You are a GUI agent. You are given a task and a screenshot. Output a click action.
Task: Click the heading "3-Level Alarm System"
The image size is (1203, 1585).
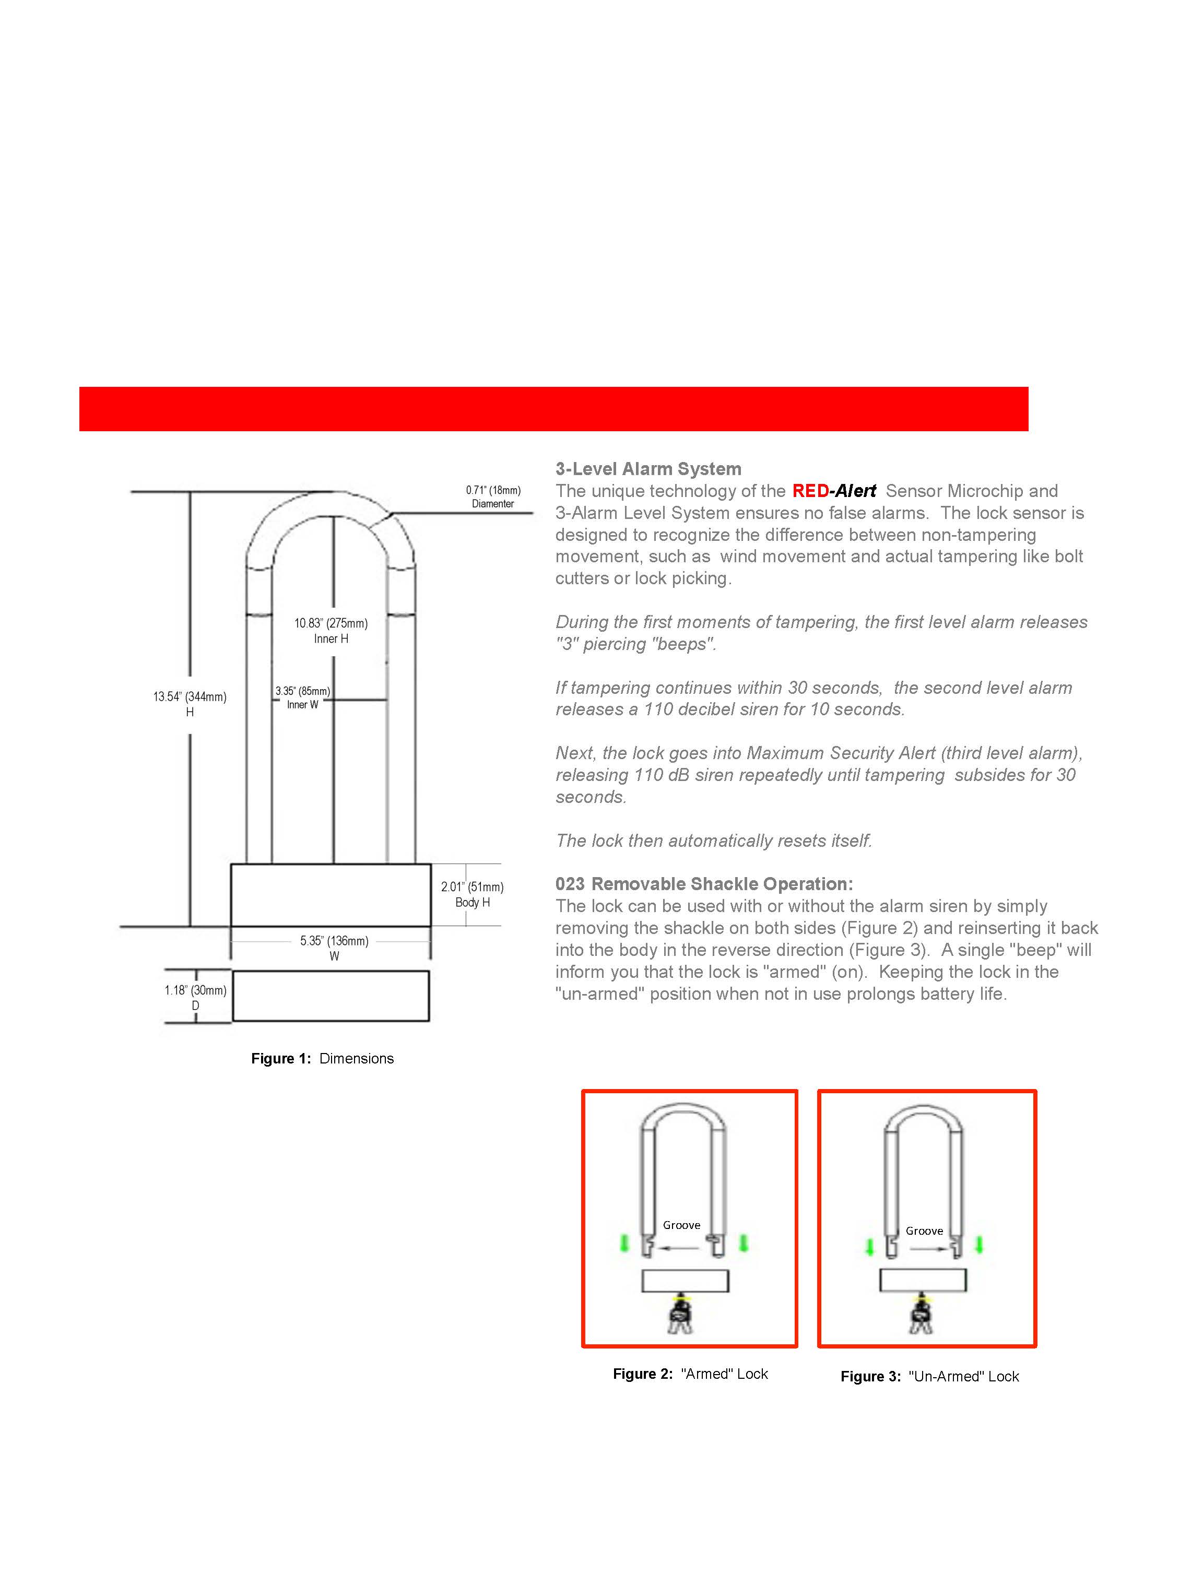648,469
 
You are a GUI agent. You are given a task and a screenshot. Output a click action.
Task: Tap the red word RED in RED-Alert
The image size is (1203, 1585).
810,492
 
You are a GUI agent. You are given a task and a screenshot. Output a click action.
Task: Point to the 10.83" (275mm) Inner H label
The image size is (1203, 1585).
331,631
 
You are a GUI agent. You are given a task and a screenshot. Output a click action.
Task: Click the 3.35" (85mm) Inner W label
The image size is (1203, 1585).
302,697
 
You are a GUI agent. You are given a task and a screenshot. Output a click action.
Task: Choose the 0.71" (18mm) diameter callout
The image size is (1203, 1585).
493,496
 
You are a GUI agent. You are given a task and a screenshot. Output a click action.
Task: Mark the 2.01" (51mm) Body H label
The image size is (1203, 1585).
472,894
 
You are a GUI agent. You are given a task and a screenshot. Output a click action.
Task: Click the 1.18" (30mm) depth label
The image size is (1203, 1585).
195,998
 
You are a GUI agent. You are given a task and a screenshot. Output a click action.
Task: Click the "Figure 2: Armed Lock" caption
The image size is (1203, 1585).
690,1374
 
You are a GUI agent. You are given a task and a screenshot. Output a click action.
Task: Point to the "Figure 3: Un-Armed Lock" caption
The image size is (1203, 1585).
929,1377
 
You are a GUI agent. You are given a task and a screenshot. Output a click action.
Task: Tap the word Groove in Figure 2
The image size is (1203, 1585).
681,1225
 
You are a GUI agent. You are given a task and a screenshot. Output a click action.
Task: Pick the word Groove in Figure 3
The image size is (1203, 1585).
924,1231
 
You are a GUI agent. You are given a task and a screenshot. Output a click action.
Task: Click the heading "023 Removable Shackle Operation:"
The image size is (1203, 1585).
704,884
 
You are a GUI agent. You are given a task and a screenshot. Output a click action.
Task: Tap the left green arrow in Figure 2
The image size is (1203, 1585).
624,1243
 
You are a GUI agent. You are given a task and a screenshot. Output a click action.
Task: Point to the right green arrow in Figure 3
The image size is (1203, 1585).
980,1245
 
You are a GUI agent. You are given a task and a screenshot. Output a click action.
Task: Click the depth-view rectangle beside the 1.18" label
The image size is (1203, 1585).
331,996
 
